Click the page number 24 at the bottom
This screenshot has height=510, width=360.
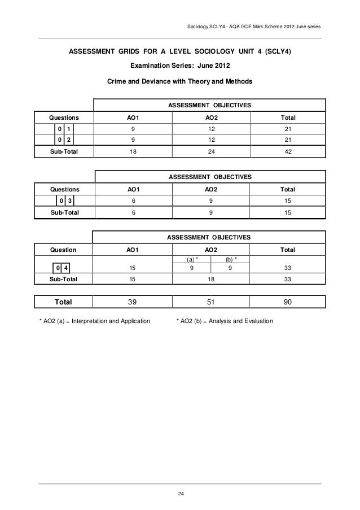180,495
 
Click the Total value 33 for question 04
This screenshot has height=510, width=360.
287,268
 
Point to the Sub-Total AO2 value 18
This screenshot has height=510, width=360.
210,278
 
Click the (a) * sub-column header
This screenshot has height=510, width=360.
193,259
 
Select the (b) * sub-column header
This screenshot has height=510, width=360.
231,259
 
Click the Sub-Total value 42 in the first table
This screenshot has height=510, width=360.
287,151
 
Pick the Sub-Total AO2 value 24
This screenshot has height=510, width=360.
210,151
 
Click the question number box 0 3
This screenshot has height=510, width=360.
65,200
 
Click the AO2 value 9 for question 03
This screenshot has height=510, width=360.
210,200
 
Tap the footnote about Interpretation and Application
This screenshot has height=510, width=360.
94,321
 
